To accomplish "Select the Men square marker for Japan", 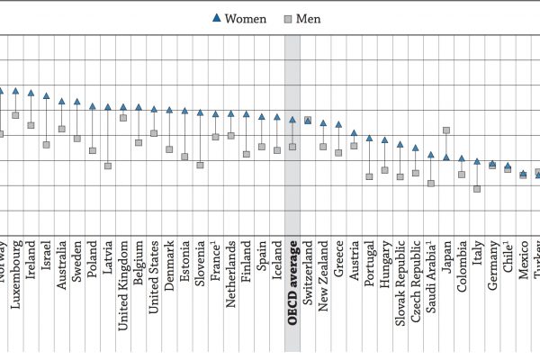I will pyautogui.click(x=446, y=130).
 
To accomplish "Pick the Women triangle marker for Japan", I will pyautogui.click(x=446, y=157).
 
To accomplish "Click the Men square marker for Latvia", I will pyautogui.click(x=108, y=166).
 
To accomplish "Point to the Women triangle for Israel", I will pyautogui.click(x=46, y=95).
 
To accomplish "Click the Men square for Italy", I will pyautogui.click(x=477, y=189).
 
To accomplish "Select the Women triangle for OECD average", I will pyautogui.click(x=292, y=119).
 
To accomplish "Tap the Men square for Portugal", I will pyautogui.click(x=369, y=176).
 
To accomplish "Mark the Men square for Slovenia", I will pyautogui.click(x=200, y=165).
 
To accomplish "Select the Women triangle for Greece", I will pyautogui.click(x=338, y=124).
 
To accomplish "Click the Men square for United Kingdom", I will pyautogui.click(x=123, y=117).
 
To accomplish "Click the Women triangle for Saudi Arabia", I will pyautogui.click(x=431, y=155).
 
